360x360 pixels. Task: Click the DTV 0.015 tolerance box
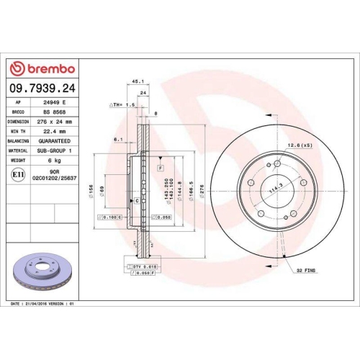pos(145,266)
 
